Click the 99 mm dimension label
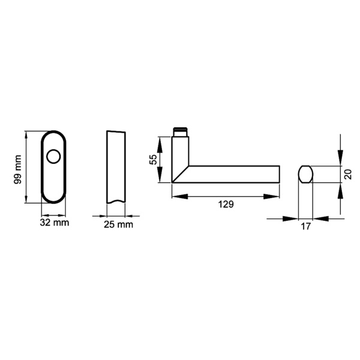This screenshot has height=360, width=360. [18, 169]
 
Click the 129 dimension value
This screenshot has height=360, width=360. [225, 205]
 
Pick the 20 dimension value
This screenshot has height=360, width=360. [347, 174]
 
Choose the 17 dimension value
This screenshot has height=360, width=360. [305, 227]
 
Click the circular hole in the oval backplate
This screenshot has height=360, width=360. [53, 157]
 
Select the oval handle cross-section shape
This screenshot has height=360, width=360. [305, 174]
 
